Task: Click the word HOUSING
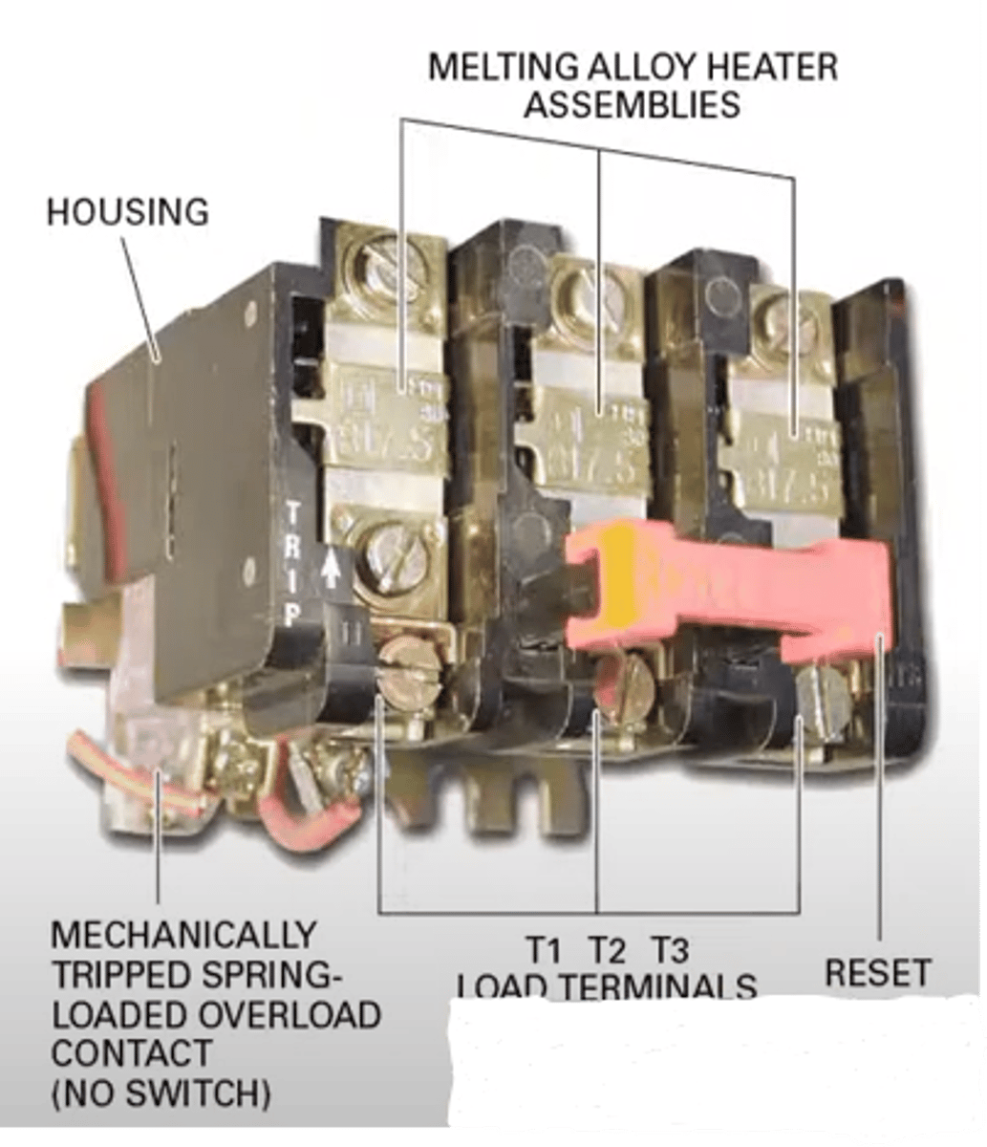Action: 127,211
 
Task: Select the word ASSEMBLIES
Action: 632,104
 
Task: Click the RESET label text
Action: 876,972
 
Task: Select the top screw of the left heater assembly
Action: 388,263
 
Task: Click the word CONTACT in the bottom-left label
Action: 118,1052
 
